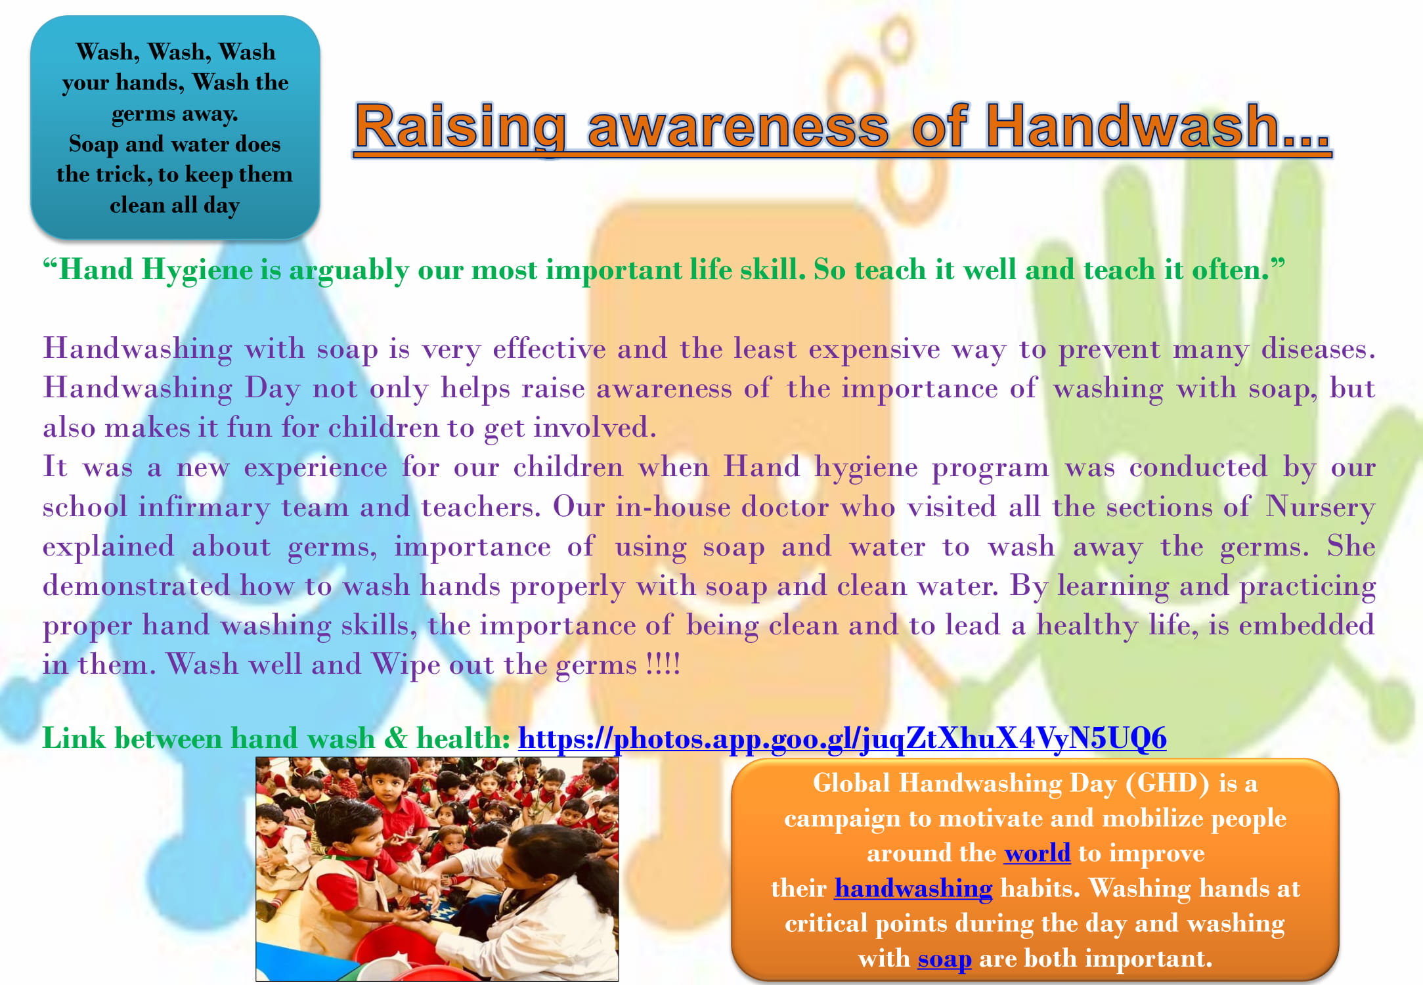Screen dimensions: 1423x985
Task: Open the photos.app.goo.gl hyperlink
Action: click(843, 739)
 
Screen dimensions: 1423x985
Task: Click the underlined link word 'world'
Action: click(1038, 852)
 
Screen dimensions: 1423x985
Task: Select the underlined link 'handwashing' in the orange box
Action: click(913, 888)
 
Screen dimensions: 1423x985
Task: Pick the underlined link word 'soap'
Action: click(944, 959)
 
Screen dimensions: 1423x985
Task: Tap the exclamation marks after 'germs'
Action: click(663, 664)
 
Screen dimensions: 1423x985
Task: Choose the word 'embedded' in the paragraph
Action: click(1307, 624)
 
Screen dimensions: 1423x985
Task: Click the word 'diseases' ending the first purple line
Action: click(1318, 349)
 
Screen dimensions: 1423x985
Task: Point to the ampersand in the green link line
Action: click(395, 739)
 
